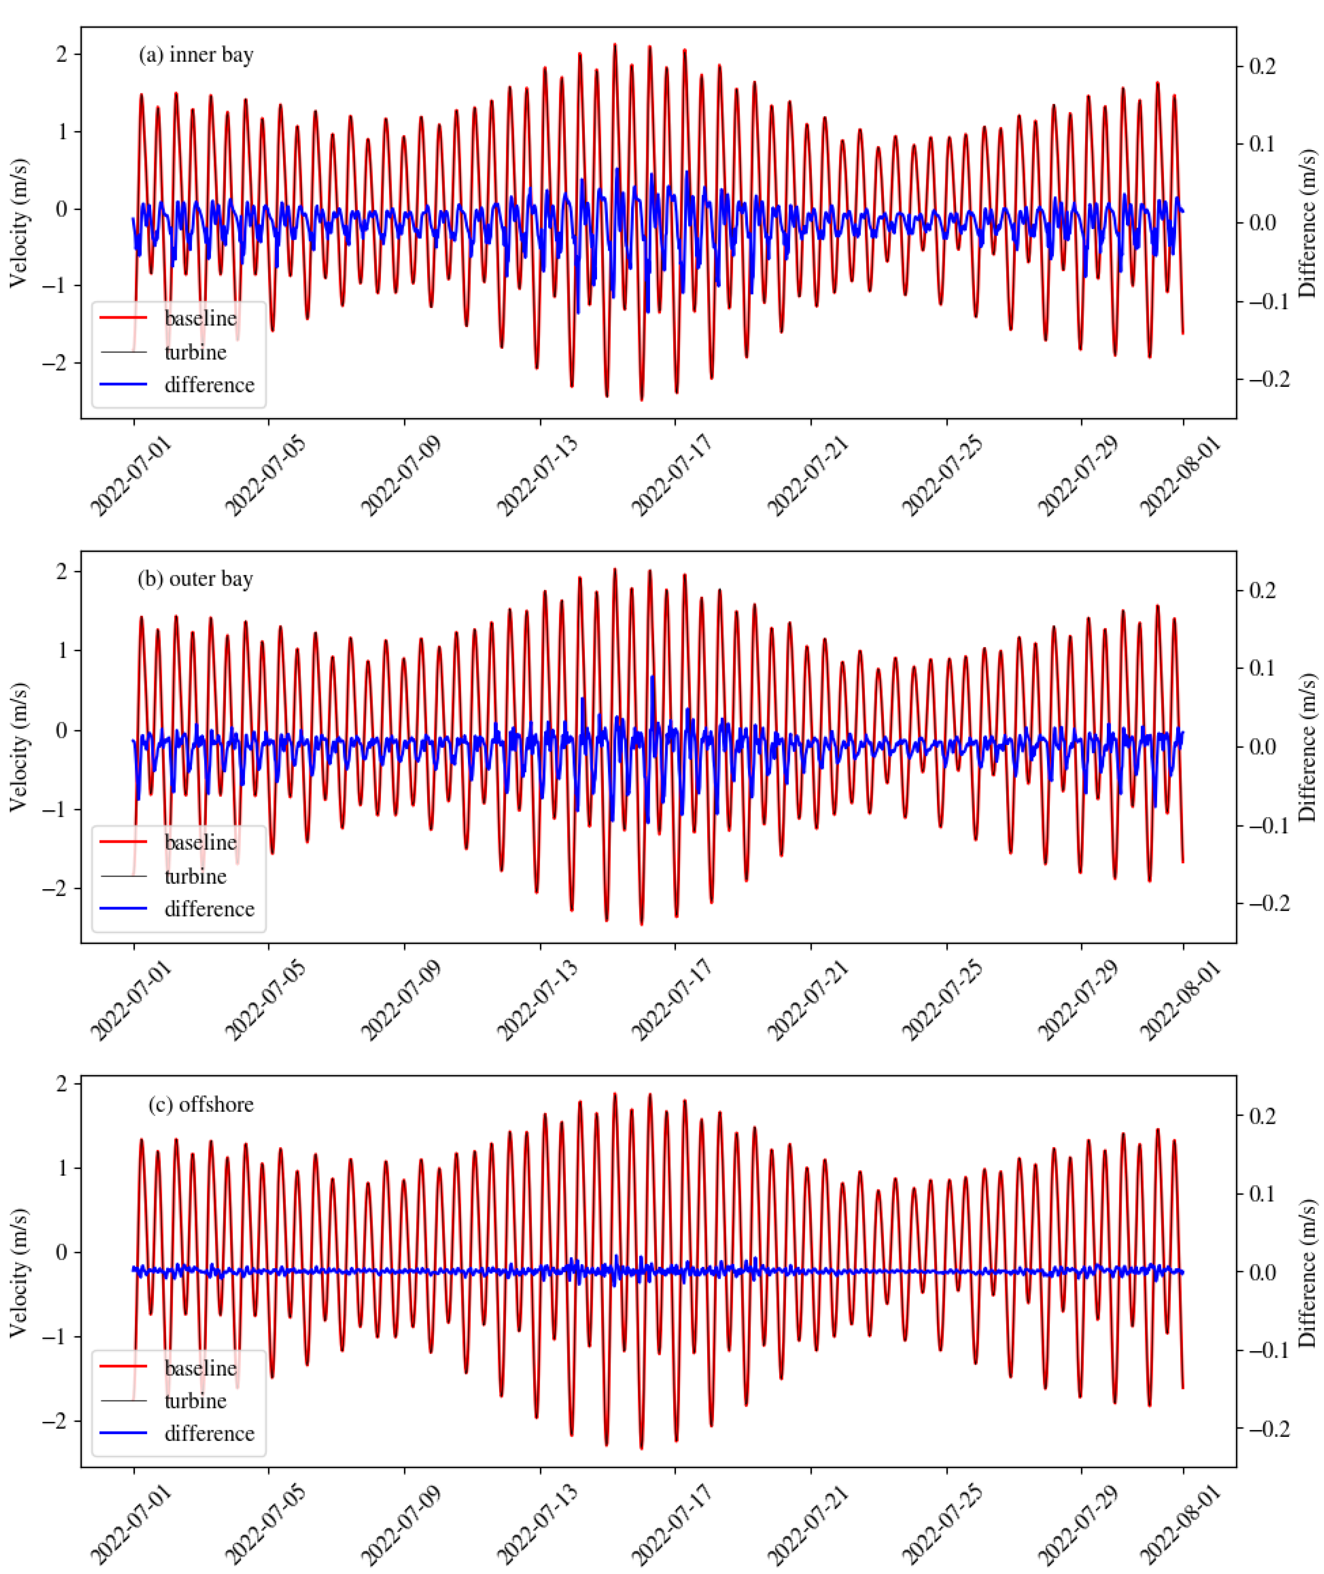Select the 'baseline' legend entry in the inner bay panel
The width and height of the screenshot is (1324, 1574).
[x=200, y=318]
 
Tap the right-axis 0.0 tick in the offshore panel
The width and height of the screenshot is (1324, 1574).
[x=1262, y=1271]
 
